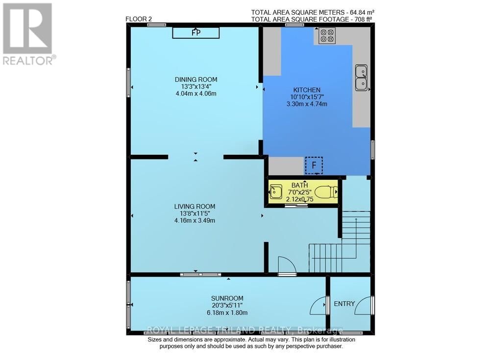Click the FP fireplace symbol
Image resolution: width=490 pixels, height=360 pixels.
(x=196, y=32)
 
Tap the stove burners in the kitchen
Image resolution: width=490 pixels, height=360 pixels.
(x=327, y=36)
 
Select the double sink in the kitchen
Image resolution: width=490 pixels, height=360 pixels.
(x=361, y=78)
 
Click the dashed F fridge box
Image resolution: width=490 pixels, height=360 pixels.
(x=314, y=165)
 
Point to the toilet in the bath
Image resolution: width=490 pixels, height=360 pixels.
(x=325, y=192)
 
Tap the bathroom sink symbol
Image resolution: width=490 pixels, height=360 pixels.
(x=276, y=192)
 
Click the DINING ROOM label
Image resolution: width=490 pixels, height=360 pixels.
(x=196, y=80)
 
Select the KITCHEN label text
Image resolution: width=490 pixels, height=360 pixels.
(x=307, y=90)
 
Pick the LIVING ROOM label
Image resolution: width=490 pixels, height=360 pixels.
(x=195, y=206)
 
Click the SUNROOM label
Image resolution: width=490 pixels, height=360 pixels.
(x=227, y=298)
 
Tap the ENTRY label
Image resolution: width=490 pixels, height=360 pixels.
(x=344, y=304)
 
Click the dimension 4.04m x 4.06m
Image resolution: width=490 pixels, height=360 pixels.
(x=196, y=94)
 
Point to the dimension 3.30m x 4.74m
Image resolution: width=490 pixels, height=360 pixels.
(x=307, y=104)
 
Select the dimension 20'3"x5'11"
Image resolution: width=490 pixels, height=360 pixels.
(x=227, y=306)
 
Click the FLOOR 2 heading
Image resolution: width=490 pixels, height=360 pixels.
(x=139, y=19)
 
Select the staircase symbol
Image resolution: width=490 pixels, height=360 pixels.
(x=338, y=242)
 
